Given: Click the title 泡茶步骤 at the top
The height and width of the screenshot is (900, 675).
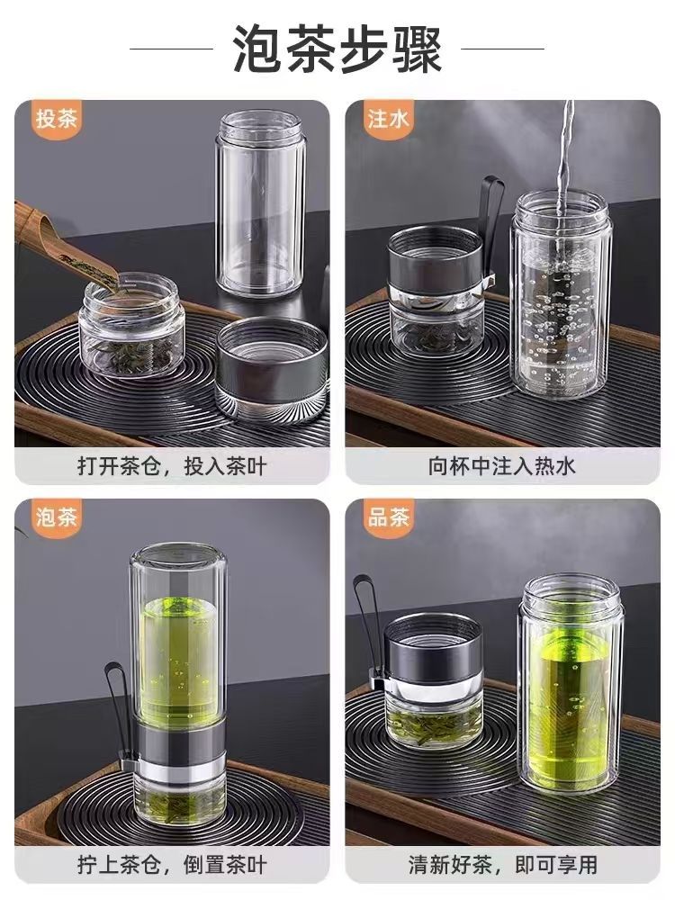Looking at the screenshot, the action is pyautogui.click(x=337, y=49).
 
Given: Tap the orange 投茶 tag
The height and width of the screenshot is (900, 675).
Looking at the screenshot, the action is pyautogui.click(x=55, y=120).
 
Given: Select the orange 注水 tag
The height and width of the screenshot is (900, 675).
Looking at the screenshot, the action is pyautogui.click(x=388, y=120).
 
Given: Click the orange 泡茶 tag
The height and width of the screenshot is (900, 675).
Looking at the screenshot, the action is pyautogui.click(x=55, y=517).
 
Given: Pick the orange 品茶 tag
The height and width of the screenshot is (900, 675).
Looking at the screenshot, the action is pyautogui.click(x=388, y=517).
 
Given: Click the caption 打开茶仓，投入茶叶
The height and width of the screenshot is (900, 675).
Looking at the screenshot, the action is pyautogui.click(x=172, y=465).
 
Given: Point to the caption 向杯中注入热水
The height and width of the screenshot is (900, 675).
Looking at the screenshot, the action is pyautogui.click(x=501, y=465).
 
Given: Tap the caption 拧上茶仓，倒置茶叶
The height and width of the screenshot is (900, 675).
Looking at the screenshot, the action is pyautogui.click(x=172, y=864).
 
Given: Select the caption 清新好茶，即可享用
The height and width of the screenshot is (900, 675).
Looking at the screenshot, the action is pyautogui.click(x=503, y=864).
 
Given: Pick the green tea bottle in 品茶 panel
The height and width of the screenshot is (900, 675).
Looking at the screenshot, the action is pyautogui.click(x=567, y=683).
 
